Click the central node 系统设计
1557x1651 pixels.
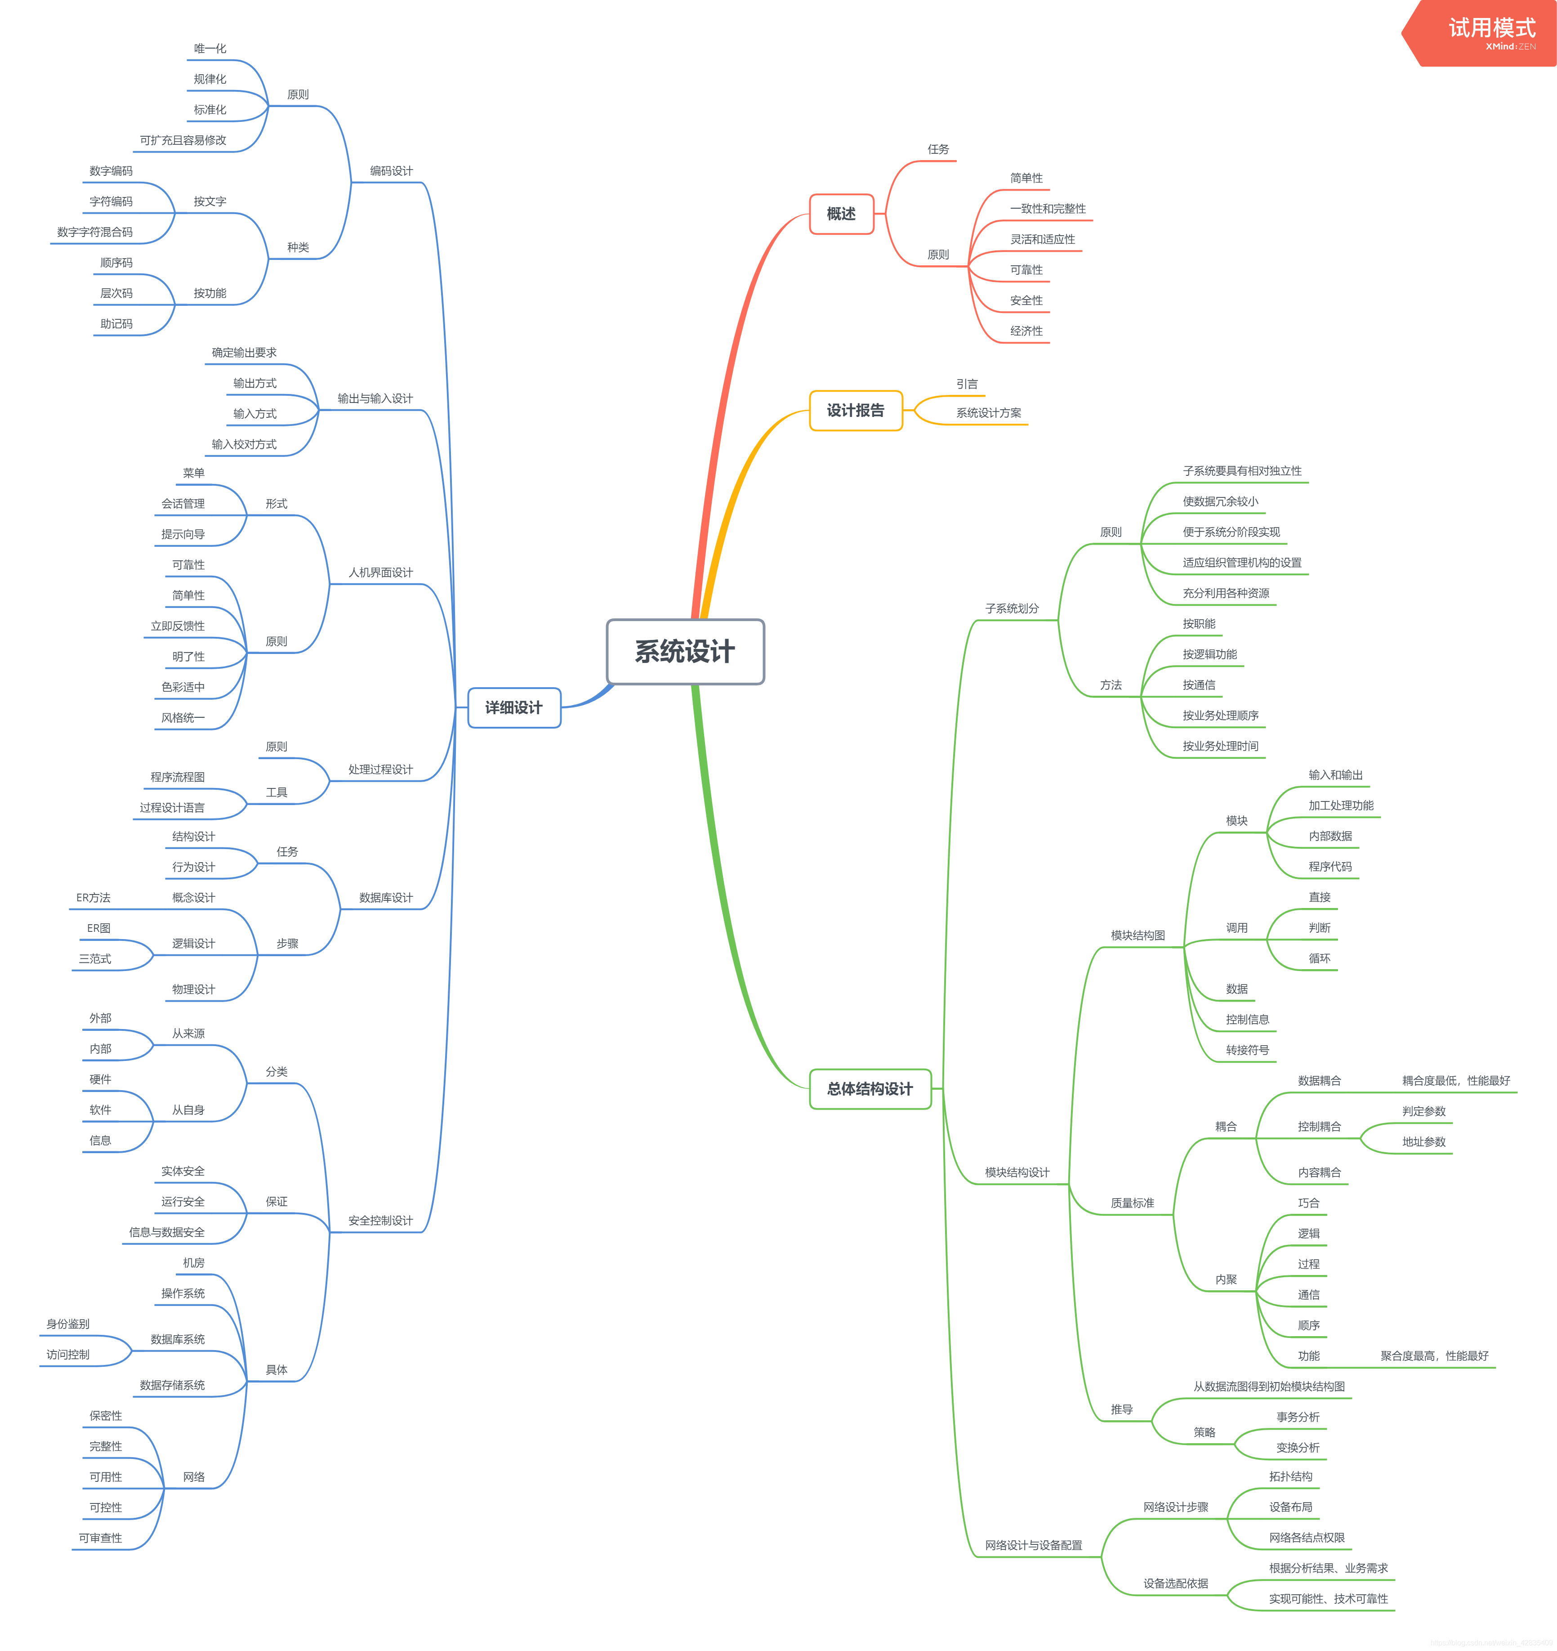click(685, 652)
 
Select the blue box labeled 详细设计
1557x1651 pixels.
click(514, 707)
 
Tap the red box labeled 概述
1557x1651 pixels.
click(841, 214)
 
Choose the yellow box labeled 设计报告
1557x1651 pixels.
click(855, 410)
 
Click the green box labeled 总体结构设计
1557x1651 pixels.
click(870, 1089)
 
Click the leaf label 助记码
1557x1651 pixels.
click(116, 324)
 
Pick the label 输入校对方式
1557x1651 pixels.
click(244, 444)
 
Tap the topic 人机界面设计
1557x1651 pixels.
click(380, 572)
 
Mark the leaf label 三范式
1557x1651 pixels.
click(95, 958)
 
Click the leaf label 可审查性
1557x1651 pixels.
click(100, 1538)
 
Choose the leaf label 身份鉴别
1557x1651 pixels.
click(68, 1324)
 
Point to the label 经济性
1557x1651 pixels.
click(1026, 331)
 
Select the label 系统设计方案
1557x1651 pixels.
click(988, 413)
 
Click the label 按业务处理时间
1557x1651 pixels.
click(1220, 746)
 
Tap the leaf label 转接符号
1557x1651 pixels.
click(1247, 1050)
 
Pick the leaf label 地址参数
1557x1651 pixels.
click(1423, 1142)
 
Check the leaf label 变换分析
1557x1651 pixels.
click(1298, 1448)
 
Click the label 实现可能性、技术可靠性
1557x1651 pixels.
click(1328, 1599)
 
